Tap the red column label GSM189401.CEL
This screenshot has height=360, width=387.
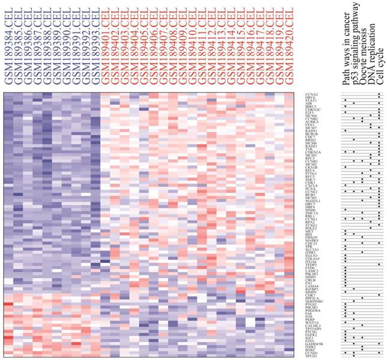point(106,44)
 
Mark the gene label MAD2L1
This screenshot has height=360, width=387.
point(313,200)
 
